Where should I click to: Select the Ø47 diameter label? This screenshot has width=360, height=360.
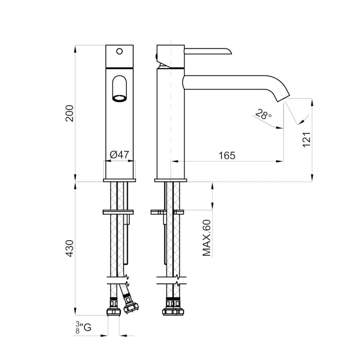119,155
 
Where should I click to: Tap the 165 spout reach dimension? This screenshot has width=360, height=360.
227,156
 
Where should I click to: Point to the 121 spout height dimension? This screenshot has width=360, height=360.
307,140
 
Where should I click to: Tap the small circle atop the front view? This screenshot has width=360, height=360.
119,51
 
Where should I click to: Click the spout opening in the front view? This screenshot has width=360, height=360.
119,98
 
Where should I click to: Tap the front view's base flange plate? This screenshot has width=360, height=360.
119,180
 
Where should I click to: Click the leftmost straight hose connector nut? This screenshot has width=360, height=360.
113,310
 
